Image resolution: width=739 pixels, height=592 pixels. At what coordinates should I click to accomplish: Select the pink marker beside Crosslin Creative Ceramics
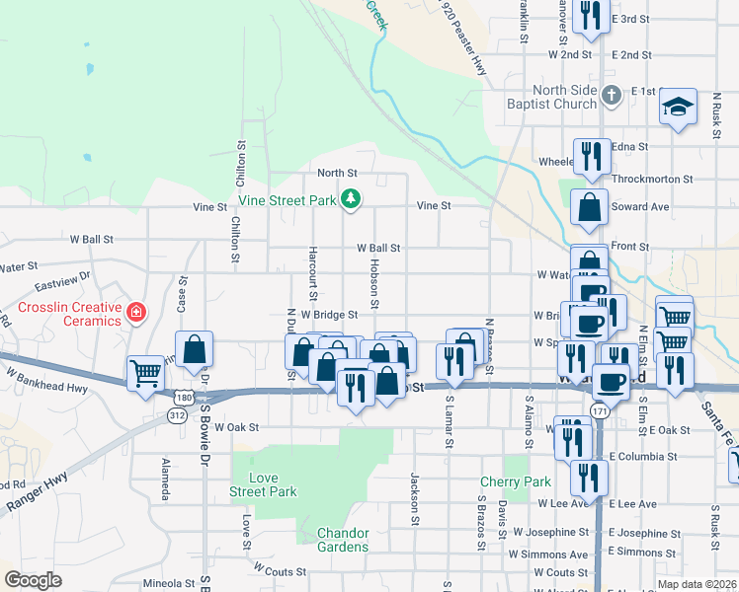136,314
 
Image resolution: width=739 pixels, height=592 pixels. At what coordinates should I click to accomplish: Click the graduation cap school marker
679,108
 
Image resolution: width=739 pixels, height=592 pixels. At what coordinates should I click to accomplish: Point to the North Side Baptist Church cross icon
612,94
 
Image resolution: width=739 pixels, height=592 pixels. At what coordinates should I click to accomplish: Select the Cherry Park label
515,482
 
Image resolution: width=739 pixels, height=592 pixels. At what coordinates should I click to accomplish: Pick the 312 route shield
176,416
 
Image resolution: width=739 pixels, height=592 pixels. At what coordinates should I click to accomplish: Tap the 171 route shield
599,408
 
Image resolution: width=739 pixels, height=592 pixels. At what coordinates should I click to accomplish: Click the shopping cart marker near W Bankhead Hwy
145,374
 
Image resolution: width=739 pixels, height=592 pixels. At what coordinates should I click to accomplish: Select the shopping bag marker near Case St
195,349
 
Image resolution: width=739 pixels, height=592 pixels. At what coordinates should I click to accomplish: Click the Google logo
33,580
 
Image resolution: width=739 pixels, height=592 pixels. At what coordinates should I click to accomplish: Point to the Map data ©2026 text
698,584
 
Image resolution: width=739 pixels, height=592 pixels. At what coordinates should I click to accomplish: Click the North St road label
336,173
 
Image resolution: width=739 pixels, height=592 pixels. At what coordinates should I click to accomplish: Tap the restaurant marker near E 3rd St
591,16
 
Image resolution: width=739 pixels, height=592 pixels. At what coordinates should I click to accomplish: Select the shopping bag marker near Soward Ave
590,209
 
